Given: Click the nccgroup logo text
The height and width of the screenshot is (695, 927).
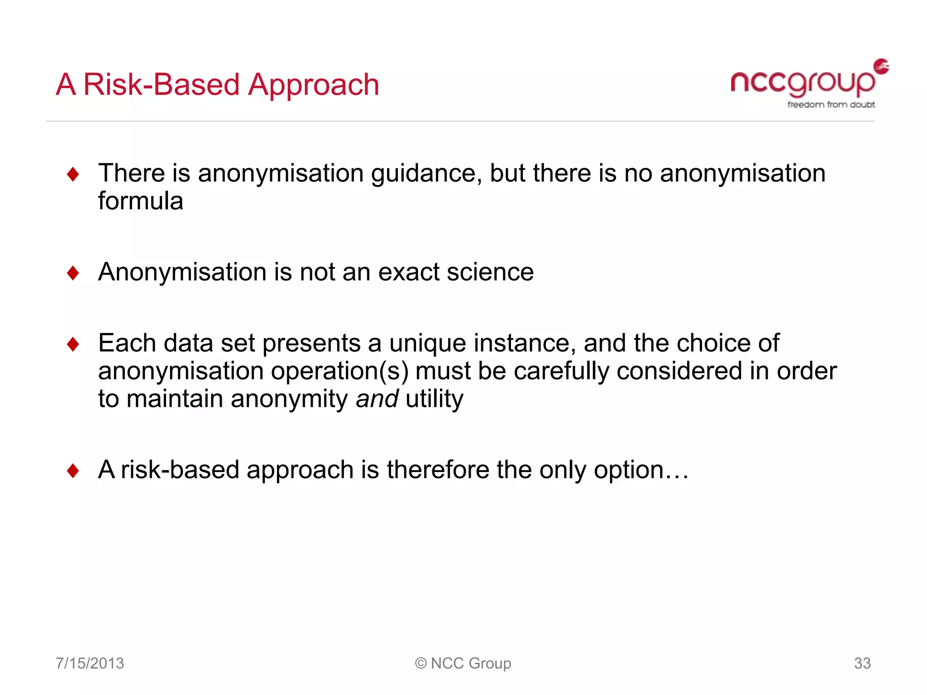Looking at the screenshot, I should (802, 83).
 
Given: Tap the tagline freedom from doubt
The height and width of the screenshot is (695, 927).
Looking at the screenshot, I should (831, 105).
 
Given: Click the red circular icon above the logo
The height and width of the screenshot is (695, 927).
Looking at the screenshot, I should (881, 66).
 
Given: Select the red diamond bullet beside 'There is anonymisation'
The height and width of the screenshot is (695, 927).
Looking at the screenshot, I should (73, 174).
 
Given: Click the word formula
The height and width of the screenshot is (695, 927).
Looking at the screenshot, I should (140, 201).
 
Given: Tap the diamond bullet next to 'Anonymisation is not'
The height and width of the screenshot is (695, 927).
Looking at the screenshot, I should (73, 273).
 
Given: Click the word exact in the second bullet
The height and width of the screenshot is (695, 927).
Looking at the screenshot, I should (408, 272).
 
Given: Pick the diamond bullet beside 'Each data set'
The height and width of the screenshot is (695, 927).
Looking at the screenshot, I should (73, 344).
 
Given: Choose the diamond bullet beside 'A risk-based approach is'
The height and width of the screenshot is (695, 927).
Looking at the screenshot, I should (73, 471).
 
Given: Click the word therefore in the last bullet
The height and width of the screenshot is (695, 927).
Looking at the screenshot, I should (438, 470).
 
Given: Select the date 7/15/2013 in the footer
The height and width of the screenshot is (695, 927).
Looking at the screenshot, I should (90, 663).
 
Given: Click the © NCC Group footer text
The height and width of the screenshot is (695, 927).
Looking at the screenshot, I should (463, 663).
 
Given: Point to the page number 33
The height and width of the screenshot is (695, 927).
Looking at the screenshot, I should (862, 663).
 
